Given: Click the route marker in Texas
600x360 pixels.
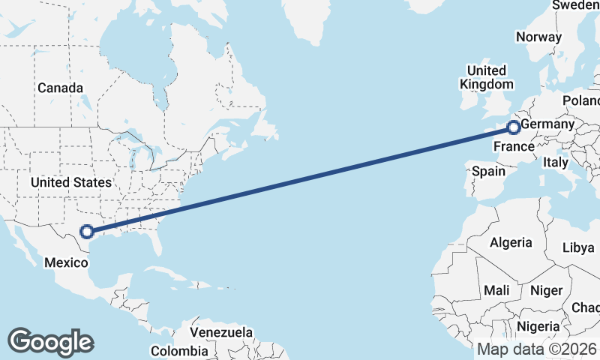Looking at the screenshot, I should pos(87,232).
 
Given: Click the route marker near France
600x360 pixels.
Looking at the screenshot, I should pos(514,127).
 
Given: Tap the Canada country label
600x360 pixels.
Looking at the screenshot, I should pos(60,88).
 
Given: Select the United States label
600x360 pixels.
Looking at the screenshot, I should pos(71,182).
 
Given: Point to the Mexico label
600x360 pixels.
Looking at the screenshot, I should pos(67,262).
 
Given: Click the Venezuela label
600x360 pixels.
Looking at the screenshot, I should pos(220,332).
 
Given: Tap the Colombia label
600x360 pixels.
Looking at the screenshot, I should pos(179,351).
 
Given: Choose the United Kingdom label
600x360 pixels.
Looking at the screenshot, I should pos(487,78).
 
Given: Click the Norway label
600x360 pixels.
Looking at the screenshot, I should pos(538,37).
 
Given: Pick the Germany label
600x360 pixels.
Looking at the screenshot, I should pos(547,124).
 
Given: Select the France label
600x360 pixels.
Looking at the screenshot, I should pos(513,146).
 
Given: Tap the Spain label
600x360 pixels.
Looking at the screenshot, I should pos(488,172).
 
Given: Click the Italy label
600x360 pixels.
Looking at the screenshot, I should pos(556,162).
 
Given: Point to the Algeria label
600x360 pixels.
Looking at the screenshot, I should pos(511,243).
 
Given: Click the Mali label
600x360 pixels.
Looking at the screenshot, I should pos(496,290).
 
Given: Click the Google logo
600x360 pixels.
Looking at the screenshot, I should pos(50,342).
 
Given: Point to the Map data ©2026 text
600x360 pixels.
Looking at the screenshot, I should pos(536,349).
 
